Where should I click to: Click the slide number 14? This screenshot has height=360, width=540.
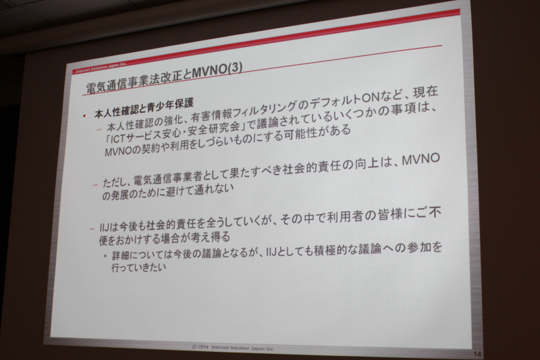pos(477,354)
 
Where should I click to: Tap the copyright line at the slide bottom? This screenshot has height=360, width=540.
pos(233,348)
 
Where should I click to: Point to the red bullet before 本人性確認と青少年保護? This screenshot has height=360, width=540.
pos(84,115)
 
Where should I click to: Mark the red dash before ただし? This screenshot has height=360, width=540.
pos(95,185)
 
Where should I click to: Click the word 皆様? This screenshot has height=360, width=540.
pos(391,216)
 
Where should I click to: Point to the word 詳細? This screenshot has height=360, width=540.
pos(122,255)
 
